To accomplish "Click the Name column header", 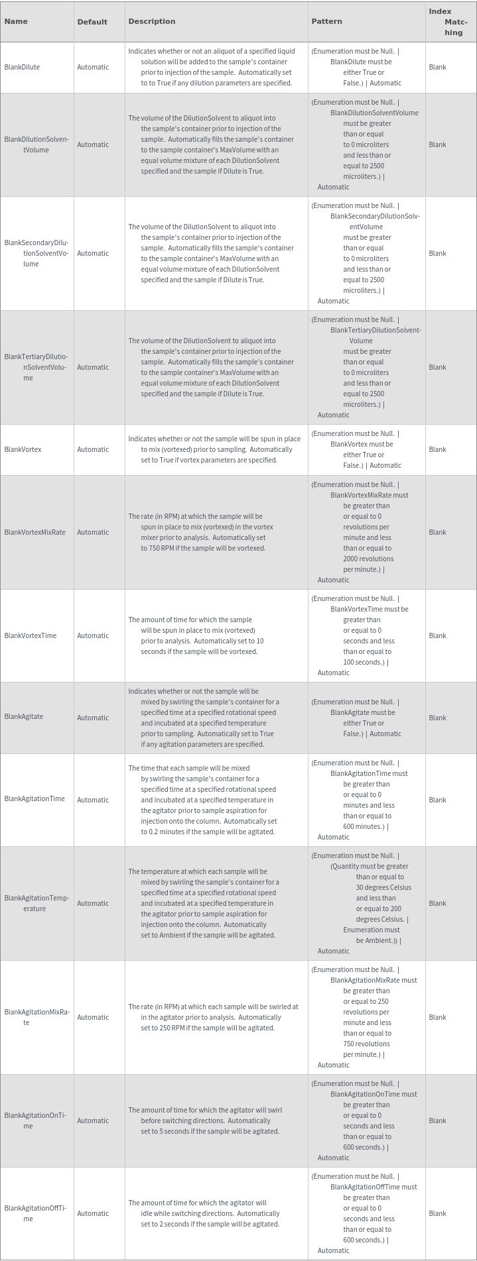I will pyautogui.click(x=16, y=21).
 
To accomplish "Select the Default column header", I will pyautogui.click(x=92, y=22).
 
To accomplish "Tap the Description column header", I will pyautogui.click(x=152, y=21).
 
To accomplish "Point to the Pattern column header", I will pyautogui.click(x=326, y=21).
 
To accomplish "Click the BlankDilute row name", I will pyautogui.click(x=22, y=67).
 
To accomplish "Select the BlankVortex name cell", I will pyautogui.click(x=23, y=449).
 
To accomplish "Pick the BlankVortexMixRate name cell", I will pyautogui.click(x=34, y=532).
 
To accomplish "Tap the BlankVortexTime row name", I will pyautogui.click(x=31, y=635).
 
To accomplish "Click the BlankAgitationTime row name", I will pyautogui.click(x=34, y=798).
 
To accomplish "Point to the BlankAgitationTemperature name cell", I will pyautogui.click(x=36, y=903).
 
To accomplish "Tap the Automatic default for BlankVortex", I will pyautogui.click(x=93, y=449).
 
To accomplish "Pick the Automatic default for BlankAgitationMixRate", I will pyautogui.click(x=93, y=1017).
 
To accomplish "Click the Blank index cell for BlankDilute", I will pyautogui.click(x=437, y=67).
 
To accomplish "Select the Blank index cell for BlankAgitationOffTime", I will pyautogui.click(x=437, y=1213).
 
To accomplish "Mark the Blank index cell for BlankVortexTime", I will pyautogui.click(x=437, y=635).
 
